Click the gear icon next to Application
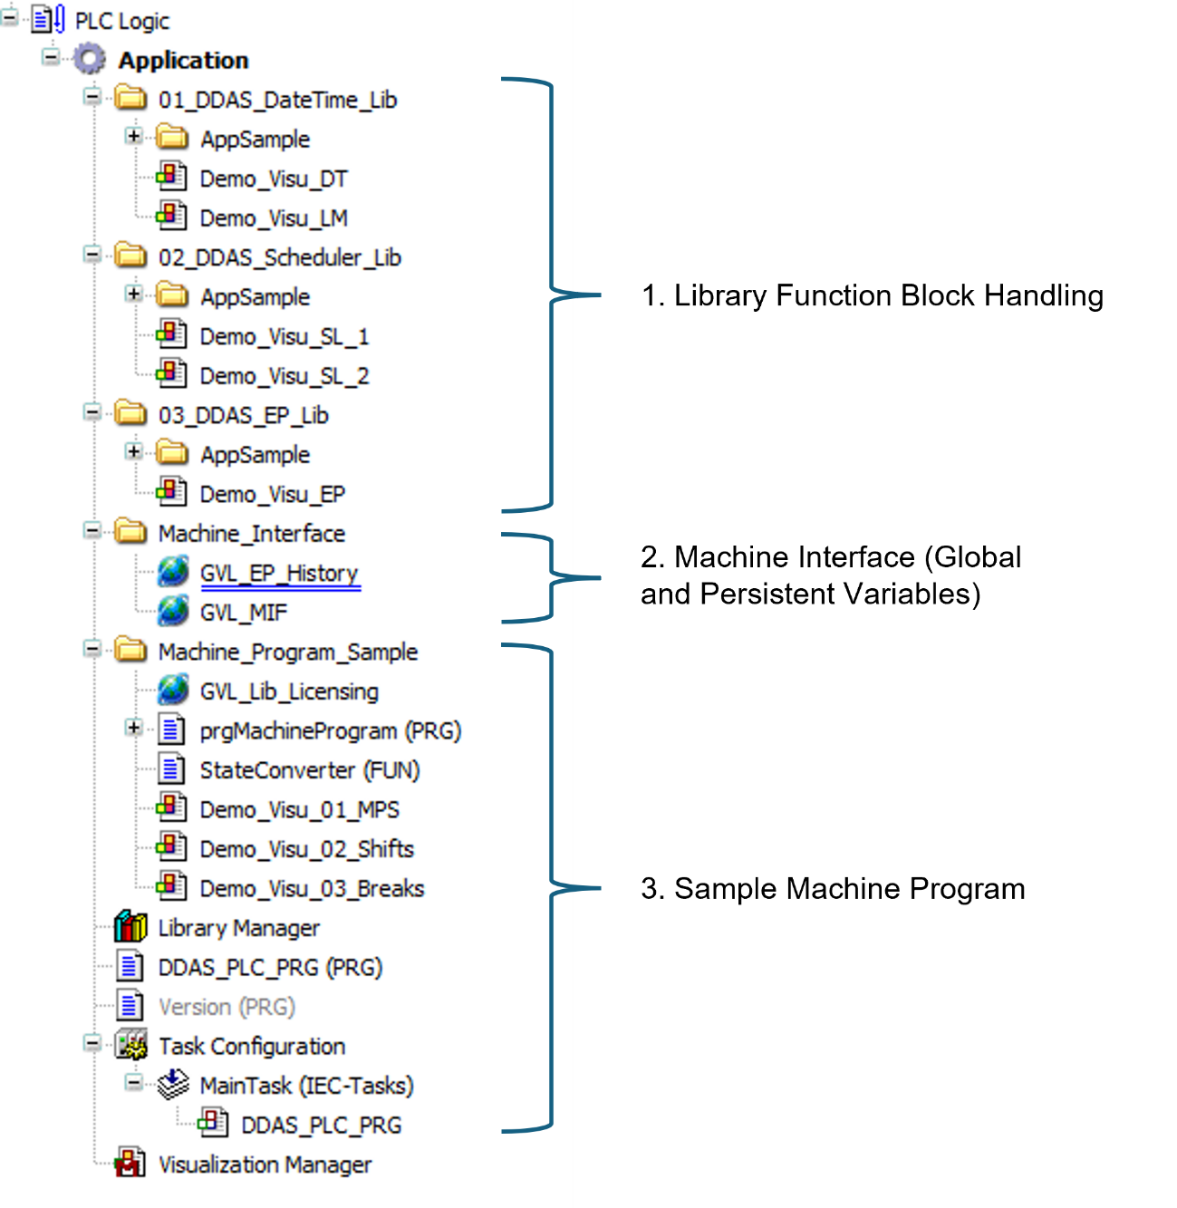coord(90,60)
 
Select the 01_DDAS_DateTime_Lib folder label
coord(277,100)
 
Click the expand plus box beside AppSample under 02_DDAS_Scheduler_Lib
coord(133,294)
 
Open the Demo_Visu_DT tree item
coord(273,179)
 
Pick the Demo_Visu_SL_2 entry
coord(285,376)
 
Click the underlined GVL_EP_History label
coord(279,574)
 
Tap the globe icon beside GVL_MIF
coord(173,611)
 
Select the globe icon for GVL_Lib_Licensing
coord(173,690)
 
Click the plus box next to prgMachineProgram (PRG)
coord(133,728)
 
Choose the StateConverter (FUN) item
coord(310,770)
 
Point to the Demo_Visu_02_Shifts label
coord(306,849)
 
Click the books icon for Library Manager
coord(130,927)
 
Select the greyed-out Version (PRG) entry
coord(227,1007)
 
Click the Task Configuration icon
coord(131,1045)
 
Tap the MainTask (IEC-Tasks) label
coord(306,1086)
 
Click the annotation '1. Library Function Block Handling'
coord(873,296)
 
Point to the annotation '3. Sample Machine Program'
coord(833,889)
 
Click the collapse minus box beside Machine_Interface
coord(92,530)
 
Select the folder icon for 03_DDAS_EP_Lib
coord(131,413)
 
